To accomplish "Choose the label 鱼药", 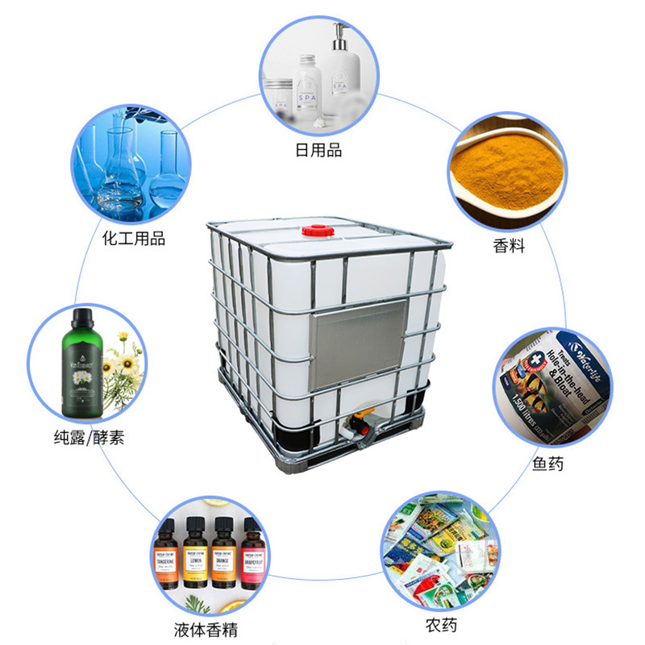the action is click(548, 464).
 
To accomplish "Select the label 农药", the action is click(442, 625).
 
